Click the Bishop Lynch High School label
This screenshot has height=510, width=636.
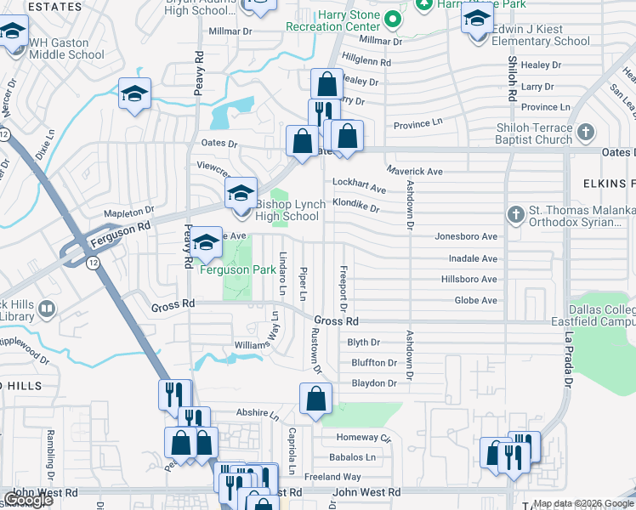tap(287, 210)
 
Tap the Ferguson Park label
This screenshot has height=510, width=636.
tap(238, 269)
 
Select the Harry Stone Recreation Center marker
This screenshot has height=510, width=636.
tap(392, 19)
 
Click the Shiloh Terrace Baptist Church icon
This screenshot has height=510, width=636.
tap(584, 133)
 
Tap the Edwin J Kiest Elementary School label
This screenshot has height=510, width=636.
tap(541, 35)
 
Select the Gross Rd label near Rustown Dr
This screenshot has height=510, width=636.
tap(336, 321)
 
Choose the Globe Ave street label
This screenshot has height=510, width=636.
tap(476, 300)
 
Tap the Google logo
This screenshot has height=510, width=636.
tap(27, 500)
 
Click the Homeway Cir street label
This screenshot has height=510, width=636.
tap(362, 437)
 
